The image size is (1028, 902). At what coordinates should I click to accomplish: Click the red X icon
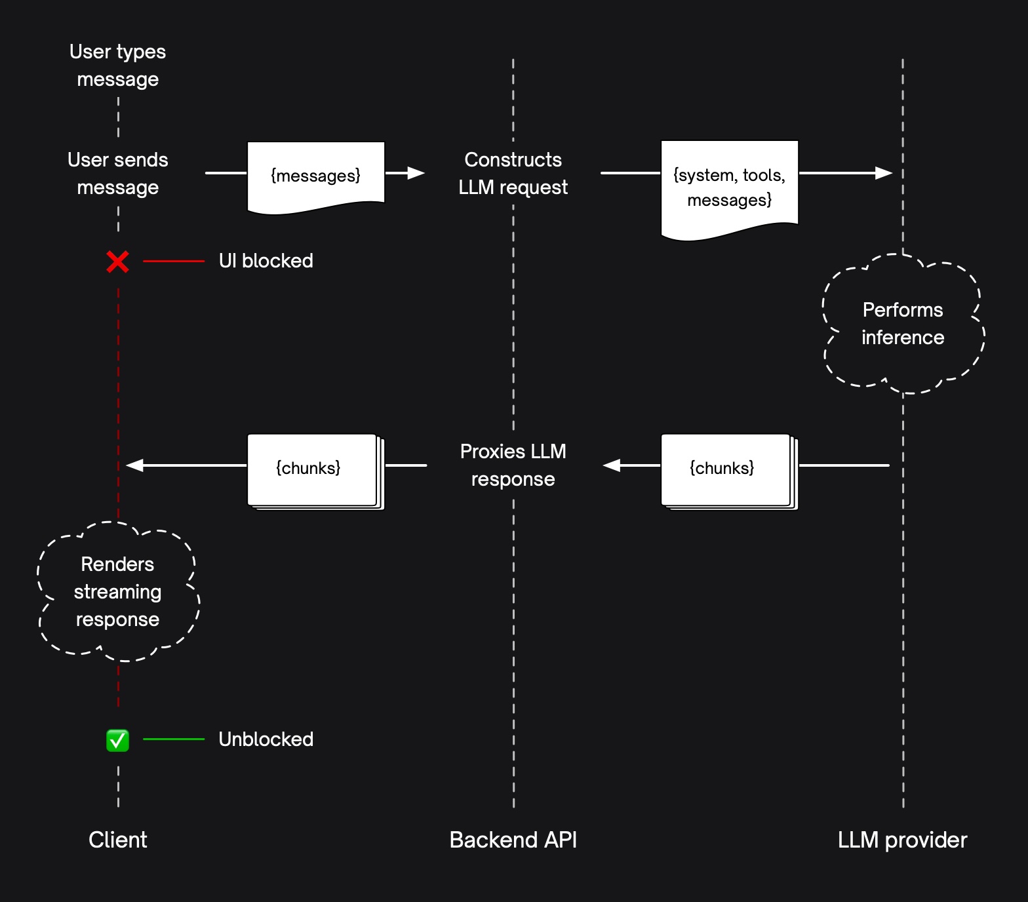point(118,262)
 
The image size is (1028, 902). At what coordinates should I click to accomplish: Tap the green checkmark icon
point(118,740)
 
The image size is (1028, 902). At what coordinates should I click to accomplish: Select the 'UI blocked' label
point(266,261)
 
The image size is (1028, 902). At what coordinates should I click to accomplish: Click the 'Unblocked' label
point(266,739)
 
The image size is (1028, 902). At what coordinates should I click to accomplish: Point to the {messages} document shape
point(316,176)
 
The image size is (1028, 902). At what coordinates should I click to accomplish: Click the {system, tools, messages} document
point(729,187)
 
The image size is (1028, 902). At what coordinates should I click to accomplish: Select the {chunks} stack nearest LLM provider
point(728,469)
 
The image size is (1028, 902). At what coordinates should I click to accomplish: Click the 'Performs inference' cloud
point(903,324)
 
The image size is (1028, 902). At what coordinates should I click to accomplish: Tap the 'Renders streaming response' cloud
point(118,591)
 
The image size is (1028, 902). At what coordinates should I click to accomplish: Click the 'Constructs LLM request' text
point(513,174)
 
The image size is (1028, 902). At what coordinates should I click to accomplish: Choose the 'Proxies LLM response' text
point(513,465)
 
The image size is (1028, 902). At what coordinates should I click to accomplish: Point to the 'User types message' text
point(118,66)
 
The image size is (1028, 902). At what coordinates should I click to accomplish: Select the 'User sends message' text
point(118,174)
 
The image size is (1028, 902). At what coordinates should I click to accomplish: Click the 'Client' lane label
point(118,840)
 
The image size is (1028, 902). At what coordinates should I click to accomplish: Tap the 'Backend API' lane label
point(513,840)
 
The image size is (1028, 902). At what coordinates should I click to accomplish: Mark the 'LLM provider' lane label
point(902,840)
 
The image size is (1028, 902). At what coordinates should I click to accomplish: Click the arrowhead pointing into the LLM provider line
point(884,173)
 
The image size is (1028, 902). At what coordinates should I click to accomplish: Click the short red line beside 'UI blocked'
point(174,261)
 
